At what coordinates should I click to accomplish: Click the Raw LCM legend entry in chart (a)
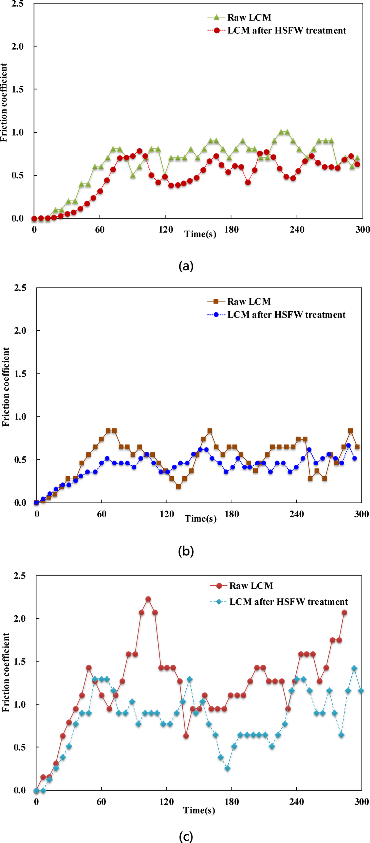[x=249, y=17]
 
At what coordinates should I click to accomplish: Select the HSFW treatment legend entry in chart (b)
[x=286, y=315]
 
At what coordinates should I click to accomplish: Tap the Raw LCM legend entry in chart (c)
[x=251, y=586]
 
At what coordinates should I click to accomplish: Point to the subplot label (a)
[x=186, y=266]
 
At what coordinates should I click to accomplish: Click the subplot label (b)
[x=186, y=550]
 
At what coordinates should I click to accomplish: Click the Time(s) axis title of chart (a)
[x=200, y=234]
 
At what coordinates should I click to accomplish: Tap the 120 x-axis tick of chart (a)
[x=166, y=229]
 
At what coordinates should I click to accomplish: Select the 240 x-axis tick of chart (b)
[x=297, y=514]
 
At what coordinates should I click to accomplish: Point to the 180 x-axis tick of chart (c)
[x=232, y=802]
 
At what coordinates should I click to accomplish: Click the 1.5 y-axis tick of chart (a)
[x=18, y=89]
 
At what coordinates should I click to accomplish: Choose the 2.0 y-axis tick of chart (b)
[x=20, y=330]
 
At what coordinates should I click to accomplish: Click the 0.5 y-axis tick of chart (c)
[x=19, y=747]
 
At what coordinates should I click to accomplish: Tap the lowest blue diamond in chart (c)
[x=227, y=768]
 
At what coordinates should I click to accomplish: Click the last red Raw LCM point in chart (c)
[x=344, y=613]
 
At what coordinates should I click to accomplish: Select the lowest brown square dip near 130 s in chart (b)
[x=179, y=486]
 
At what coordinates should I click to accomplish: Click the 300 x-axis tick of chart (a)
[x=362, y=229]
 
